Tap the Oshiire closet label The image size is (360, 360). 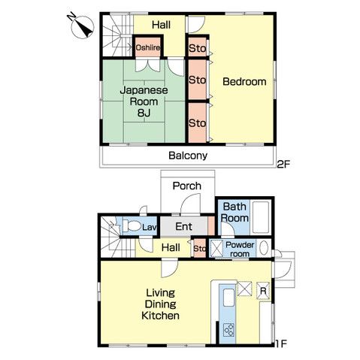coord(147,47)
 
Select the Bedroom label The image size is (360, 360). coord(244,81)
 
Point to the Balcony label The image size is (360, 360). coord(187,156)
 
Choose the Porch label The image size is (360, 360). coord(186,186)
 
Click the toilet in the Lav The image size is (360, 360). coord(132,225)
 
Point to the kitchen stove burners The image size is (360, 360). coord(228,328)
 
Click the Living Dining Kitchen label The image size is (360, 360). coord(162,304)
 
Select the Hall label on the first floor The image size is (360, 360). coord(169,247)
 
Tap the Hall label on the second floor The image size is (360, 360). coord(161,25)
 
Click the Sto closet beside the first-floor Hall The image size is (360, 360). coord(200,248)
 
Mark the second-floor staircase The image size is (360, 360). coord(116,35)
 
